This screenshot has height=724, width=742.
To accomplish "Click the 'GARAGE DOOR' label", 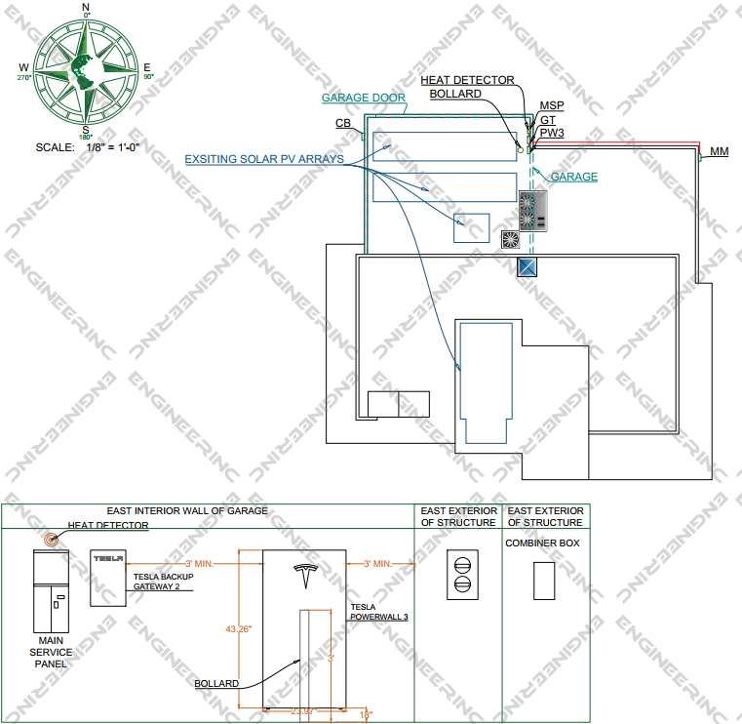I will pos(364,99).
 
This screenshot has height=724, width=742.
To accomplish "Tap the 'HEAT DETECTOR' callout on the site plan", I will pos(467,80).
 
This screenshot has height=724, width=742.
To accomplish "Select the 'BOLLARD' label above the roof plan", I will pos(455,94).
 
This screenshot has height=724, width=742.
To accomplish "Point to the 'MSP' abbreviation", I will pos(551,105).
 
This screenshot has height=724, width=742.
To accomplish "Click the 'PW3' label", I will pos(551,132).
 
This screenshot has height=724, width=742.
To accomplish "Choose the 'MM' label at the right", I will pos(719,151).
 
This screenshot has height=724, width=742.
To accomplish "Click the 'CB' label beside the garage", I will pos(343,124).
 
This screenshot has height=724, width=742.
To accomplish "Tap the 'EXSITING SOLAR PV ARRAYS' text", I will pos(264,158).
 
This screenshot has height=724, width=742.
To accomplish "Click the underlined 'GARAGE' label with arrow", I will pos(574,177).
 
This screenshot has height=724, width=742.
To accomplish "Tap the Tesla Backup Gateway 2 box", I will pos(108,578).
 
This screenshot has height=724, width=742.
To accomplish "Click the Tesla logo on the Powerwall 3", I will pos(304,578).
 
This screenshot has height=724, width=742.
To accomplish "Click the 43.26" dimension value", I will pos(239,629).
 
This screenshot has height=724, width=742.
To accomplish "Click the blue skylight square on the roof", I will pos(527,267).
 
